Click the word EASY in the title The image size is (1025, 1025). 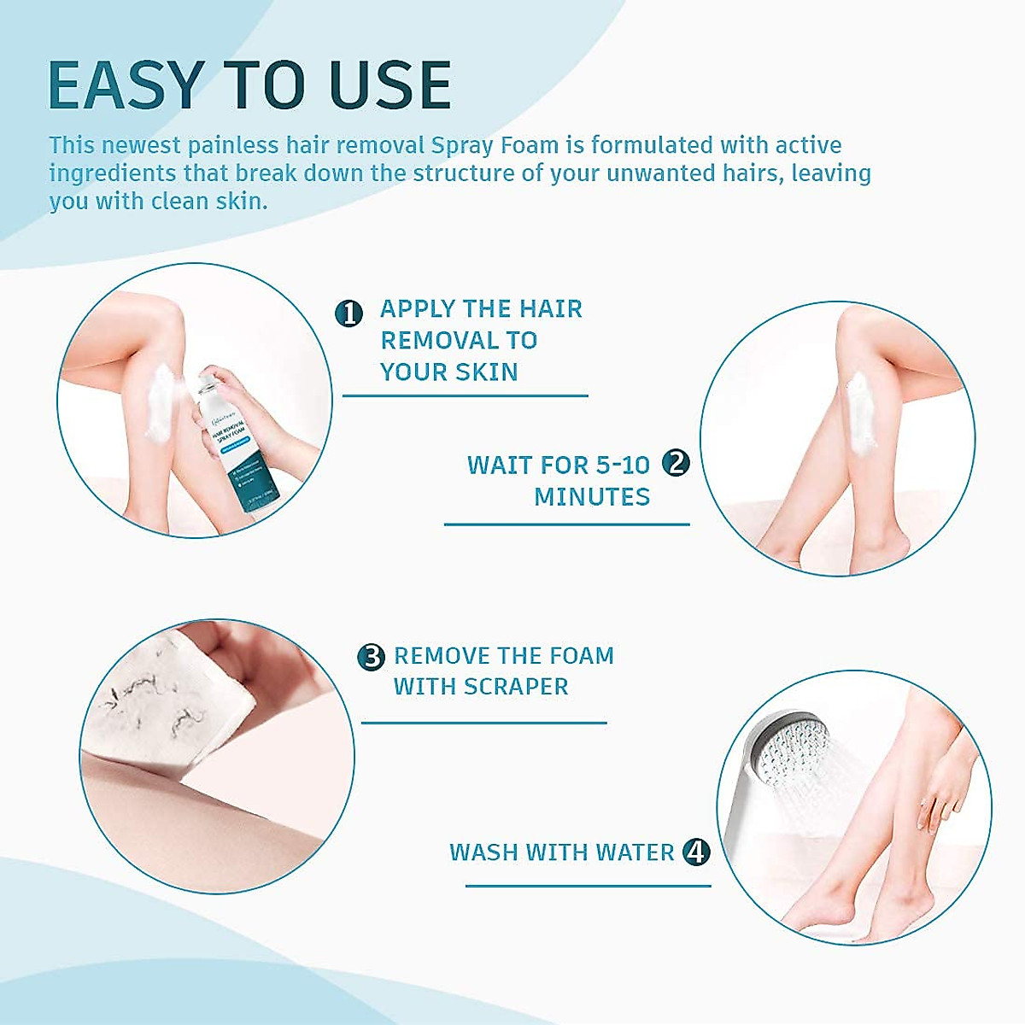[x=124, y=85]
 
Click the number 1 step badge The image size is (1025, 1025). [x=348, y=313]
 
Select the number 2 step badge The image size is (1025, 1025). [x=676, y=463]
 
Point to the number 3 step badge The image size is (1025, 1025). [x=372, y=657]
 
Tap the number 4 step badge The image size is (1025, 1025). [x=697, y=852]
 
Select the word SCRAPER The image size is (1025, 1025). [x=523, y=687]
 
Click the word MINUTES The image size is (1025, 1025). [x=592, y=496]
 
